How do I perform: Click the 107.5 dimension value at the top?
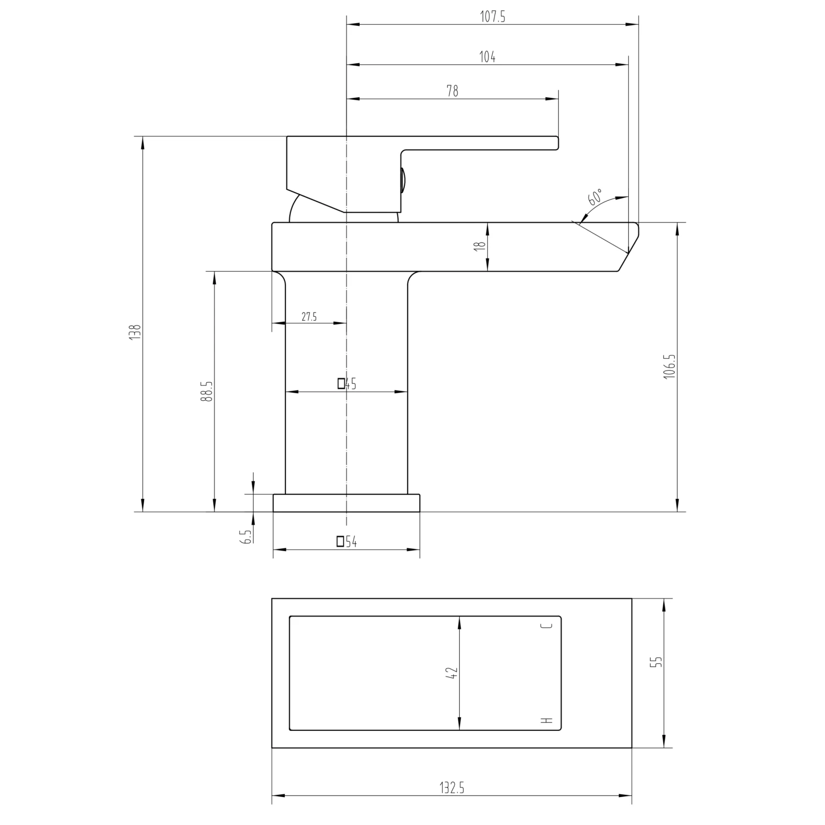point(492,17)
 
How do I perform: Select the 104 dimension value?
point(487,57)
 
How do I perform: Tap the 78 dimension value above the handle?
point(452,91)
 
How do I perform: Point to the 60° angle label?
point(595,197)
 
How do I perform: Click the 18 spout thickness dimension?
point(481,246)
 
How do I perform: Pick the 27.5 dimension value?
point(309,317)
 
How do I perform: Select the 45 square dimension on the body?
point(347,384)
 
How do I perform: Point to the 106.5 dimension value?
point(669,367)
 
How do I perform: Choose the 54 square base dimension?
point(347,542)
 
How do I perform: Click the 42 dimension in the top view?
point(452,673)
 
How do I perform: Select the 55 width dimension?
point(656,662)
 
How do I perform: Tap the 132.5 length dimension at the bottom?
point(452,788)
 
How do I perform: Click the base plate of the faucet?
point(346,503)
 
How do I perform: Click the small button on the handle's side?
point(404,180)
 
